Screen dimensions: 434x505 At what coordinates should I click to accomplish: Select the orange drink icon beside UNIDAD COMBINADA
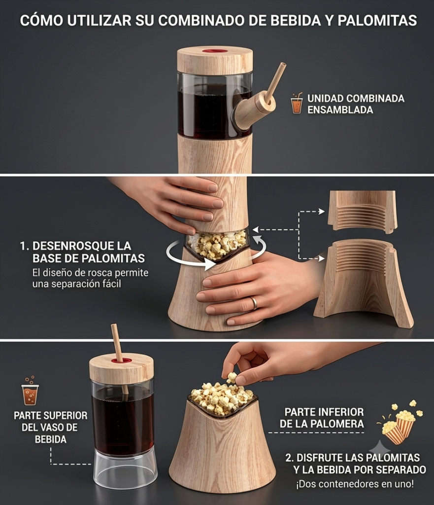point(296,103)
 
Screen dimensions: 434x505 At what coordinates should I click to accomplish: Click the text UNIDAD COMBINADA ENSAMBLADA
point(356,104)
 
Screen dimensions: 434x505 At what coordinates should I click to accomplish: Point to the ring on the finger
point(254,303)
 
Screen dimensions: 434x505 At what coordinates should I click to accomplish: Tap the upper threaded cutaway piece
point(362,211)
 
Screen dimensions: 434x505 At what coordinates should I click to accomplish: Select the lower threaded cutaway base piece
point(364,284)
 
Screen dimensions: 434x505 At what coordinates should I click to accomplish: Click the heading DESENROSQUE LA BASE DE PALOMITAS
point(82,252)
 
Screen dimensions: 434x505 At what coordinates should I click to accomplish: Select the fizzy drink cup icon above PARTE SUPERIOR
point(30,391)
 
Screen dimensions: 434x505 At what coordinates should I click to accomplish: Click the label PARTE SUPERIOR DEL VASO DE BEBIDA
point(51,428)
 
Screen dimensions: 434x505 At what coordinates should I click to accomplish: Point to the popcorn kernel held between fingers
point(232,377)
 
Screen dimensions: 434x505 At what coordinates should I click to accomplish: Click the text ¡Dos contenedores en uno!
point(355,484)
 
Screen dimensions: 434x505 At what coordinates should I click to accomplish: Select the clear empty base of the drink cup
point(125,473)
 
